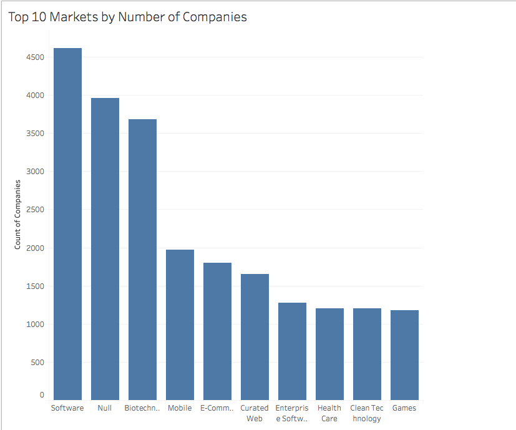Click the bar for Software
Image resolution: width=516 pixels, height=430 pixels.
[x=67, y=225]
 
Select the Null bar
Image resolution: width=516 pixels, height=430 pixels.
[x=105, y=250]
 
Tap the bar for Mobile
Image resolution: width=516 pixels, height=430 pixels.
[x=180, y=325]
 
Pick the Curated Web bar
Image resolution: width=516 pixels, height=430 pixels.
[x=255, y=337]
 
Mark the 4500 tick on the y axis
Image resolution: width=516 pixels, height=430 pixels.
[x=36, y=57]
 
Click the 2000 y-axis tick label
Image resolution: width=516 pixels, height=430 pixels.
[x=36, y=248]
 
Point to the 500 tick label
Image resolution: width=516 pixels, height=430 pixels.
[x=38, y=363]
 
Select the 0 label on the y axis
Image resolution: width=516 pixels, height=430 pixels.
[x=42, y=395]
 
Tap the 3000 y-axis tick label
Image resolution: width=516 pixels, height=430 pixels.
[x=36, y=172]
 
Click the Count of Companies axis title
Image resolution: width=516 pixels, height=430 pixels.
[x=17, y=215]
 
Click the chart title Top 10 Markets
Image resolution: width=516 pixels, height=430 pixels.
[x=128, y=17]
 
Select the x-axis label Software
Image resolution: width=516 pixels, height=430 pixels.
[x=67, y=408]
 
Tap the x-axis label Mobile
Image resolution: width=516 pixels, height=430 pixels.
[x=180, y=408]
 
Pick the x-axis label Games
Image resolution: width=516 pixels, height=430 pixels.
[x=404, y=408]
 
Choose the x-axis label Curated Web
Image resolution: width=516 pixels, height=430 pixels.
[x=255, y=413]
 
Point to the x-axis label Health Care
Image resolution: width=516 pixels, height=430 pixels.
[x=329, y=413]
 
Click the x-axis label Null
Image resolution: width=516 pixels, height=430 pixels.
[x=105, y=408]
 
